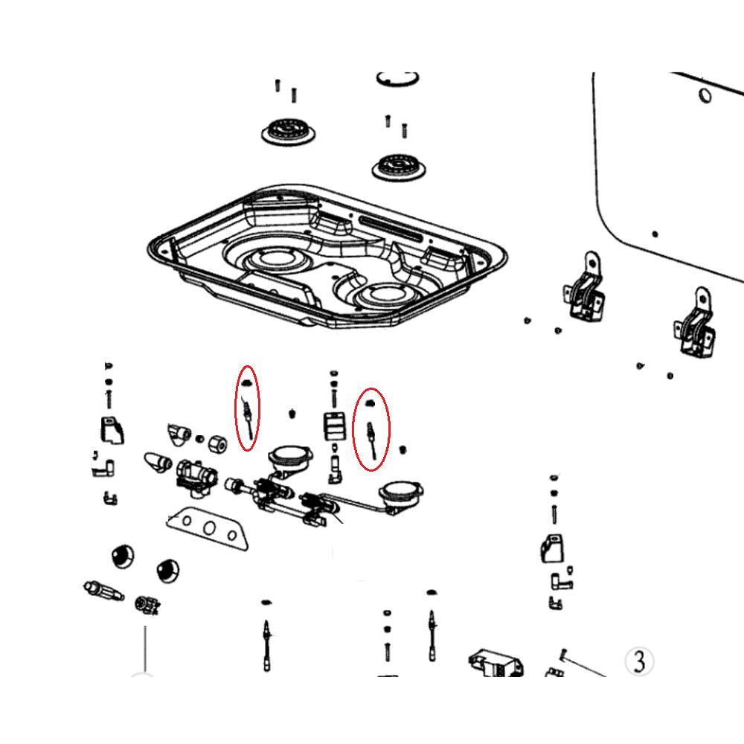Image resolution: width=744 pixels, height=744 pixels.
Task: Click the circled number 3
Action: click(x=639, y=661)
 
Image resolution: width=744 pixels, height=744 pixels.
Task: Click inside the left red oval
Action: click(x=248, y=408)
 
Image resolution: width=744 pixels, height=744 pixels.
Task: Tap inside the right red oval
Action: click(x=373, y=429)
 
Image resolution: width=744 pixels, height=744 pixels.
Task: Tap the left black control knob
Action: click(x=123, y=556)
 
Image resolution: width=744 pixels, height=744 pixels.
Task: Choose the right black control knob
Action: click(x=167, y=570)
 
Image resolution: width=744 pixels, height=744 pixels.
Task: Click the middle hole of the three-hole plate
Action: click(x=209, y=527)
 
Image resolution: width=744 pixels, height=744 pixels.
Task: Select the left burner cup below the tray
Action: click(x=289, y=458)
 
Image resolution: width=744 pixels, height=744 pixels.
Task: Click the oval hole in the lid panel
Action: click(x=705, y=95)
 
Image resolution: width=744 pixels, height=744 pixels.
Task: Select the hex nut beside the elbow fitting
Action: click(x=217, y=443)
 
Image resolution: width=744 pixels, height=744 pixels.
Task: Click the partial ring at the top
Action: click(x=398, y=80)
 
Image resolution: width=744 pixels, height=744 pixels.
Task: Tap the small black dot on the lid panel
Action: click(x=655, y=234)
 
